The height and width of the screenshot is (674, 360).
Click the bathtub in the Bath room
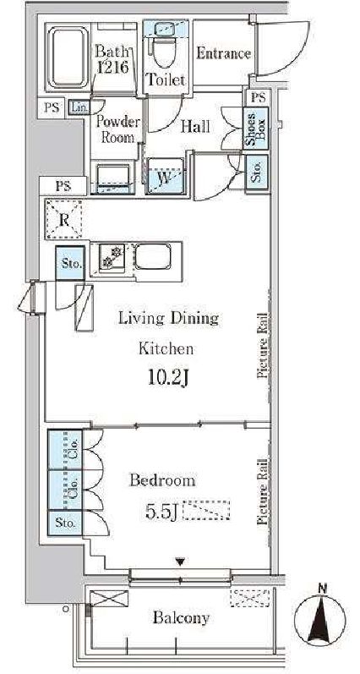68,57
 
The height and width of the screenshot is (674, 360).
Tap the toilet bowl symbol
166,52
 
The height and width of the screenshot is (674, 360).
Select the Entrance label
223,54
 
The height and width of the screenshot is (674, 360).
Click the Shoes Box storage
255,128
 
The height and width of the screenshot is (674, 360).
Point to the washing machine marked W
166,176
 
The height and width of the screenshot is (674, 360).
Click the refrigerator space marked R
63,219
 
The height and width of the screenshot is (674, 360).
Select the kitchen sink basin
153,257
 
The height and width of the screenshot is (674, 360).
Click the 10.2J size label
169,379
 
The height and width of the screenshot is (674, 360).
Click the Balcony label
182,617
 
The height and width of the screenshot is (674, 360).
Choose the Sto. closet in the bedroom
65,523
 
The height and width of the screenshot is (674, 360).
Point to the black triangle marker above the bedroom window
181,562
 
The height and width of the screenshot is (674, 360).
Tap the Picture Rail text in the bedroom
263,491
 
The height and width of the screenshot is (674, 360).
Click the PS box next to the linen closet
52,107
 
